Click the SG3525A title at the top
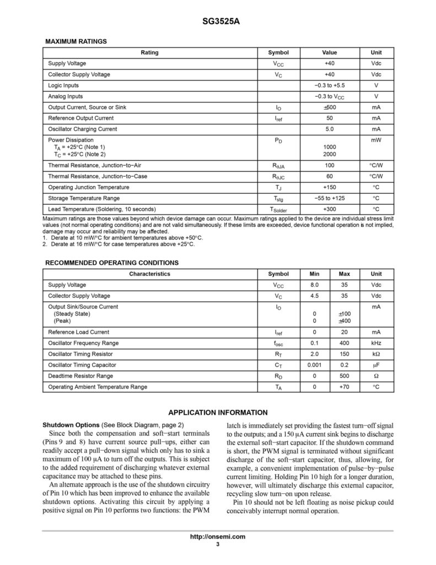(217, 23)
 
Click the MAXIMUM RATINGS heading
(76, 41)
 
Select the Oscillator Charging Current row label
(82, 129)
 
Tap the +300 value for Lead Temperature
(330, 209)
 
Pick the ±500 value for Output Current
(330, 107)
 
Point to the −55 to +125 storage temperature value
(330, 198)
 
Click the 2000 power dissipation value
(330, 154)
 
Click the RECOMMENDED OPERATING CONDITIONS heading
(111, 263)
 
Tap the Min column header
(314, 274)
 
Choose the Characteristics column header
(150, 274)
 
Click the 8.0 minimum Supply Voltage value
(314, 285)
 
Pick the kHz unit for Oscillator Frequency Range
(376, 343)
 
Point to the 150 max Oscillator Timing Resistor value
(345, 354)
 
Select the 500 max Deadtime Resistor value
(345, 376)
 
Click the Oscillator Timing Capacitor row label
(82, 365)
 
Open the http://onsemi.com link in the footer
(217, 537)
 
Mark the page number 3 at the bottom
(218, 545)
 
